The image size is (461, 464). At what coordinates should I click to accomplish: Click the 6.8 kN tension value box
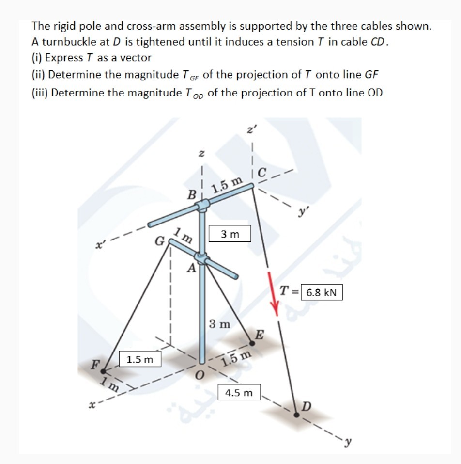tap(322, 293)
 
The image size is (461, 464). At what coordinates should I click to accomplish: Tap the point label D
tap(307, 405)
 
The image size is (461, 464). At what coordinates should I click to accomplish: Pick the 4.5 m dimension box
tap(240, 393)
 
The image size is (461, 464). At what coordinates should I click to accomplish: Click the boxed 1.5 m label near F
tap(139, 359)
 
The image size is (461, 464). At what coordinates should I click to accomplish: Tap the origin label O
tap(198, 377)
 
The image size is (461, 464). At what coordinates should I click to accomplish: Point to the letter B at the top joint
tap(192, 195)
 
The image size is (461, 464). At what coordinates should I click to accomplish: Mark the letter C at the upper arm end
tap(261, 172)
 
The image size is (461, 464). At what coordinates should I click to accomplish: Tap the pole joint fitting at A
tap(200, 257)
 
